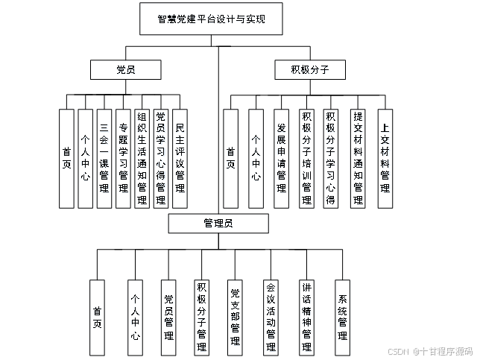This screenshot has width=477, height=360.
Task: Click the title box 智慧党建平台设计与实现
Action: (x=212, y=19)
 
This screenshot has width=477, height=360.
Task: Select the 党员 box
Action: (x=125, y=70)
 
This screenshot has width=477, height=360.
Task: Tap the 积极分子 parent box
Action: (x=310, y=70)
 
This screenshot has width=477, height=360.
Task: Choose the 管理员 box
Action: (x=218, y=224)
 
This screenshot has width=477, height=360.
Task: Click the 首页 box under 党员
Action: (x=67, y=158)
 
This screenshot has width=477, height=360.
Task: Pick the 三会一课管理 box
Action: (x=104, y=158)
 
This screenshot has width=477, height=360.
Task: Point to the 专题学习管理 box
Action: (x=123, y=158)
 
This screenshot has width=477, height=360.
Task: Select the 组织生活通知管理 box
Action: (x=142, y=158)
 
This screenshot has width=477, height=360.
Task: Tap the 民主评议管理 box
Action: (x=180, y=158)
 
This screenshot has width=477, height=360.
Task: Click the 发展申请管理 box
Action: (x=281, y=158)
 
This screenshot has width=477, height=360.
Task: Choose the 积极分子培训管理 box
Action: (x=306, y=158)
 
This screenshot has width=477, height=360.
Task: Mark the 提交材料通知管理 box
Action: (x=358, y=158)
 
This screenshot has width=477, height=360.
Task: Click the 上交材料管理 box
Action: (x=384, y=158)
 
